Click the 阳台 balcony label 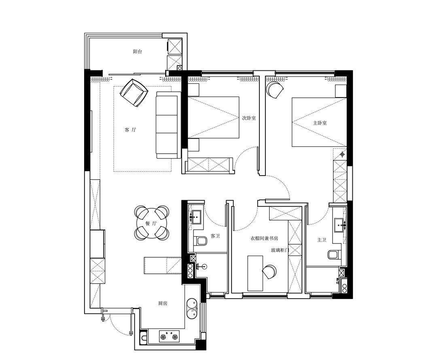click(x=138, y=51)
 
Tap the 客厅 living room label click(x=130, y=129)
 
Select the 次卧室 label click(x=249, y=118)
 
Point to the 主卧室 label click(x=320, y=123)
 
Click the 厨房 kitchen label click(x=163, y=303)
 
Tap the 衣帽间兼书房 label click(x=264, y=238)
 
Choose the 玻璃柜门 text click(x=280, y=250)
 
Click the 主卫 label click(x=322, y=239)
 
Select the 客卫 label click(x=215, y=236)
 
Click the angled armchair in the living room click(x=134, y=93)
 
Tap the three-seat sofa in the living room click(x=167, y=125)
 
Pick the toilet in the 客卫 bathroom click(x=201, y=241)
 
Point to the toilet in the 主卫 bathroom click(x=333, y=255)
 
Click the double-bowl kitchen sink click(x=192, y=308)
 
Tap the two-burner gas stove click(x=169, y=336)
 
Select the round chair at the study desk click(x=269, y=271)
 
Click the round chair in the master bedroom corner click(x=274, y=89)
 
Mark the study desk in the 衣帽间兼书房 click(x=255, y=273)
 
